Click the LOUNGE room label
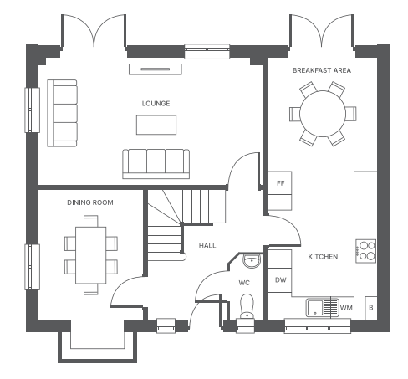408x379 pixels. pyautogui.click(x=156, y=104)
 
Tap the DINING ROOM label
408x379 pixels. pyautogui.click(x=90, y=202)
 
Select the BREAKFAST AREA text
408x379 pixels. pyautogui.click(x=322, y=70)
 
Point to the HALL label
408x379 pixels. pyautogui.click(x=207, y=245)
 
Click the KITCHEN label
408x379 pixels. pyautogui.click(x=323, y=257)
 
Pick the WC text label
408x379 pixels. pyautogui.click(x=244, y=283)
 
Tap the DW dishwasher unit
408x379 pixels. pyautogui.click(x=280, y=280)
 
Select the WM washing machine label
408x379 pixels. pyautogui.click(x=346, y=308)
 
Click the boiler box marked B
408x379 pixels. pyautogui.click(x=371, y=308)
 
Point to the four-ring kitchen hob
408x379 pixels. pyautogui.click(x=366, y=251)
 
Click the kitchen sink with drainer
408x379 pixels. pyautogui.click(x=323, y=308)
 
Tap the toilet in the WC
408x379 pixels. pyautogui.click(x=247, y=306)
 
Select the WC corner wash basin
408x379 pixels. pyautogui.click(x=252, y=261)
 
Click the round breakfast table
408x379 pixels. pyautogui.click(x=323, y=114)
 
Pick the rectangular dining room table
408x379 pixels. pyautogui.click(x=90, y=255)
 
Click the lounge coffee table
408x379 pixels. pyautogui.click(x=156, y=125)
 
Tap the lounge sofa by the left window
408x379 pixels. pyautogui.click(x=62, y=113)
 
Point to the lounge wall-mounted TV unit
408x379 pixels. pyautogui.click(x=156, y=69)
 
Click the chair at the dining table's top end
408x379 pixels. pyautogui.click(x=91, y=221)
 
